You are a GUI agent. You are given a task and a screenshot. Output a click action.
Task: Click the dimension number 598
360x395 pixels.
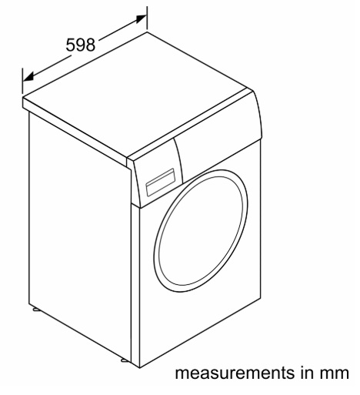click(x=81, y=45)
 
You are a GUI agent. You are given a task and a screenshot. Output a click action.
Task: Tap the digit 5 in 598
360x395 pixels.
click(x=71, y=45)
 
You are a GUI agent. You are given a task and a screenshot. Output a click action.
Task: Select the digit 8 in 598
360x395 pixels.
click(x=90, y=45)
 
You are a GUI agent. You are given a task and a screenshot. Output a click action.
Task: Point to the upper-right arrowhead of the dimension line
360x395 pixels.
click(x=142, y=18)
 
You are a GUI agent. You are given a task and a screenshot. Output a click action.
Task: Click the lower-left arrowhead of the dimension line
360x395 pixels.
click(x=28, y=77)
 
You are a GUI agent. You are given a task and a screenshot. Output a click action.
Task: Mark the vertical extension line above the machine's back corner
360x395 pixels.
click(x=147, y=18)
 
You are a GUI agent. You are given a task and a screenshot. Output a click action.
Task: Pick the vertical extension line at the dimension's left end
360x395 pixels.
click(x=22, y=81)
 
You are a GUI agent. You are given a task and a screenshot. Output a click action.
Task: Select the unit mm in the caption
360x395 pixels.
click(x=334, y=374)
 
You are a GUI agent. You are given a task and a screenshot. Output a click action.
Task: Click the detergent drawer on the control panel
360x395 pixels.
click(x=160, y=182)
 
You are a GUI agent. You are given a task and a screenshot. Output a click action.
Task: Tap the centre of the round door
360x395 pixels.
click(x=201, y=231)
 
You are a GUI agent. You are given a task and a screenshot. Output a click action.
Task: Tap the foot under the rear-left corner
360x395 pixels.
click(x=36, y=310)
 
